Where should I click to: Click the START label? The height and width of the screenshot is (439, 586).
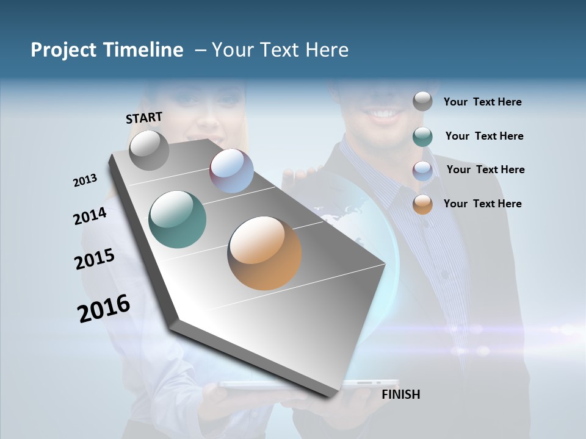point(144,118)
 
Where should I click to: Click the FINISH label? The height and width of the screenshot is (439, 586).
point(400,394)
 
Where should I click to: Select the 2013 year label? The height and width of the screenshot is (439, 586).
point(85,180)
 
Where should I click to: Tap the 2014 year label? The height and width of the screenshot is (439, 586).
point(90,216)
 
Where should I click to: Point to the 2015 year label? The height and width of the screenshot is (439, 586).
point(94,259)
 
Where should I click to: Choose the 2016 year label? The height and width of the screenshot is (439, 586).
point(103,309)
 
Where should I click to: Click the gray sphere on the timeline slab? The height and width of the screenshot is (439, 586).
point(149,150)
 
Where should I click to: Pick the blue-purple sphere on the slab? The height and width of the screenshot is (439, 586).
point(231,171)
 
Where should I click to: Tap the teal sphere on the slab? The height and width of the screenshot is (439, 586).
point(177,220)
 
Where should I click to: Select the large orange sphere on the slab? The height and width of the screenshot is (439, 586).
point(264,253)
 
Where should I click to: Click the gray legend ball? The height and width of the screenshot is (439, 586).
point(422,101)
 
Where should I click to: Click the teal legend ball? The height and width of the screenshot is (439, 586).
point(422,137)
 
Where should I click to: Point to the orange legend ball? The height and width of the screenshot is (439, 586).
point(422,204)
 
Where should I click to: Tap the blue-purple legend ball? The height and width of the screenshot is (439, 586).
point(422,170)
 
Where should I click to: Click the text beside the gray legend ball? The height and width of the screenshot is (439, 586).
point(482,102)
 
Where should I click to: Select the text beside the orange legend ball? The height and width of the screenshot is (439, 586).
point(482,204)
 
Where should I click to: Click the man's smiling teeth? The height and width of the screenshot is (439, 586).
point(383,113)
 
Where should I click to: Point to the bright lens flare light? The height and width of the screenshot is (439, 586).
point(565,330)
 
